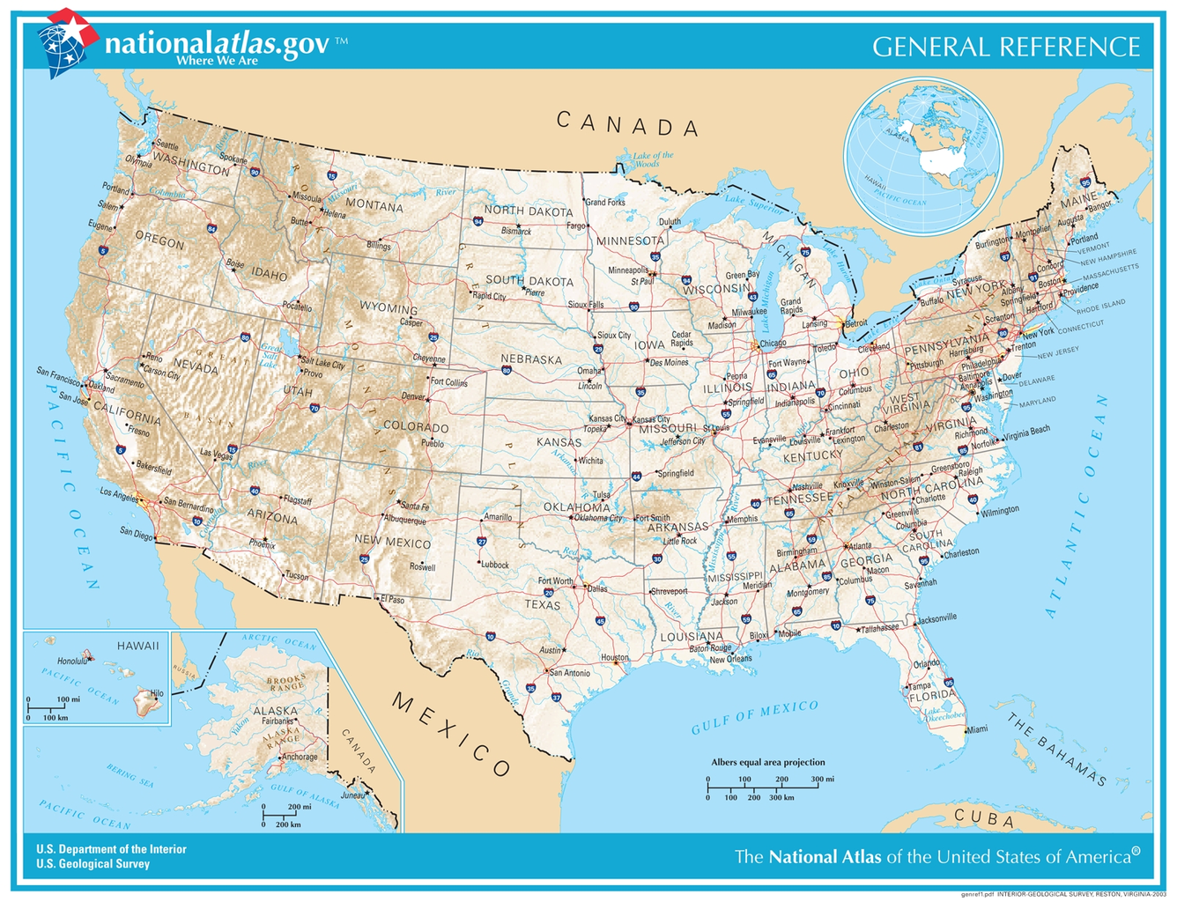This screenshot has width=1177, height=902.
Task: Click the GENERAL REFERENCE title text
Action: point(1006,47)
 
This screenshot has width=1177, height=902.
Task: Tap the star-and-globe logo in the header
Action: point(66,41)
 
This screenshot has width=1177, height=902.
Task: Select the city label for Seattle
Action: point(167,144)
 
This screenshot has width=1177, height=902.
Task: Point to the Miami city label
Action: point(977,729)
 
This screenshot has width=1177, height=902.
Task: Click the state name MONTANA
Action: point(374,205)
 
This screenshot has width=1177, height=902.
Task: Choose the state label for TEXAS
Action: point(542,605)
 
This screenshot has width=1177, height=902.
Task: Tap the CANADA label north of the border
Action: point(628,124)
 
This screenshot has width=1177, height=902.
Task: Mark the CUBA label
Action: point(984,817)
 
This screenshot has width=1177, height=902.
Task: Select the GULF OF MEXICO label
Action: point(755,717)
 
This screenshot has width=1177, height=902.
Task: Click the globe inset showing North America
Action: point(923,156)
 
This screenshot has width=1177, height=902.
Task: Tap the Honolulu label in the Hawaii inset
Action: point(71,662)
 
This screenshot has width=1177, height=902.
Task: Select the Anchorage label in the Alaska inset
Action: point(300,757)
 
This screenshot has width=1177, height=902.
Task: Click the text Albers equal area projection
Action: point(768,762)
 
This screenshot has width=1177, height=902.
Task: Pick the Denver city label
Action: point(413,397)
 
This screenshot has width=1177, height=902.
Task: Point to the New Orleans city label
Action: point(730,659)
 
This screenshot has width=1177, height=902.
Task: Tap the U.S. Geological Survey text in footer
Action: point(93,864)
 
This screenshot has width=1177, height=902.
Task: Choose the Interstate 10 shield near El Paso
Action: point(490,636)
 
